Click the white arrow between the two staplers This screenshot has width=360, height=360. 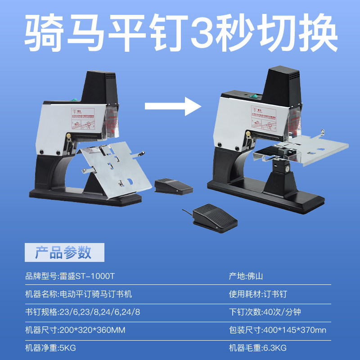pos(172,106)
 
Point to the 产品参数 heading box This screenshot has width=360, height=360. pos(64,252)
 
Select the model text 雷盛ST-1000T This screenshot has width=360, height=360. pos(93,276)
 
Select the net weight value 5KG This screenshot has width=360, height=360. pos(68,348)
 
